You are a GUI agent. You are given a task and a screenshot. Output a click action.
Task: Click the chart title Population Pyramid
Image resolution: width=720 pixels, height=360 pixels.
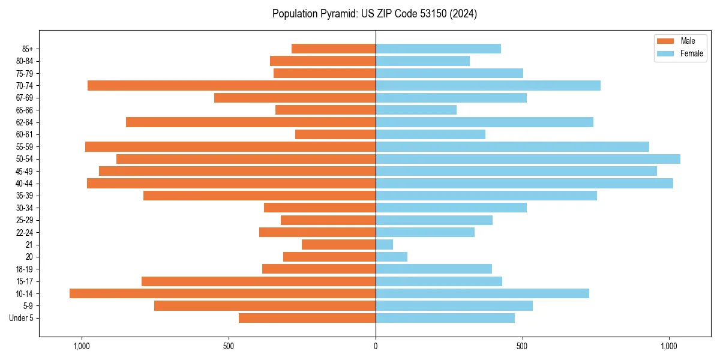click(x=374, y=14)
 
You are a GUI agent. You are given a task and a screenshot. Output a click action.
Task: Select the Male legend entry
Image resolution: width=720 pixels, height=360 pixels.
click(x=688, y=41)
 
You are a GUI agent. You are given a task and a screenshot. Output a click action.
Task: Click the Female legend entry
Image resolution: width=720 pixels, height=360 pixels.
click(x=691, y=53)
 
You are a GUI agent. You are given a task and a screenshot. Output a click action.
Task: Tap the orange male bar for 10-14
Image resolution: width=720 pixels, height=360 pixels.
click(x=223, y=293)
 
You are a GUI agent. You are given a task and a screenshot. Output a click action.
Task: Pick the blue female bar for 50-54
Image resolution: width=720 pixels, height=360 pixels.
click(x=528, y=159)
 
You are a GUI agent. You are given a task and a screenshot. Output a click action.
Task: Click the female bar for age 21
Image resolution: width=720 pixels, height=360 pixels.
click(x=384, y=245)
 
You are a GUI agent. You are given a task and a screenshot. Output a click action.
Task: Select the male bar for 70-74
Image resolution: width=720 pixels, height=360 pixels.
click(x=232, y=86)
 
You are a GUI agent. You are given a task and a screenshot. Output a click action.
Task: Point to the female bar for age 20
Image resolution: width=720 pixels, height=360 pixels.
click(x=391, y=257)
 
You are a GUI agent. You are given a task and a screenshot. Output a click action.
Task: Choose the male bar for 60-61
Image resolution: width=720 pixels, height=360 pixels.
click(x=335, y=134)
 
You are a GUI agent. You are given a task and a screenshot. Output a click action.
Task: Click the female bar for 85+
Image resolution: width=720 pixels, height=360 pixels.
click(x=438, y=49)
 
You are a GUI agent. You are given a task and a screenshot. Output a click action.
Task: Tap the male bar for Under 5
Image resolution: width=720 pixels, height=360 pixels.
click(x=307, y=318)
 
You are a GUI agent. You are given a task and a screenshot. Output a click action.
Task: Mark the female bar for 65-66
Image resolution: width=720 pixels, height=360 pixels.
click(x=416, y=110)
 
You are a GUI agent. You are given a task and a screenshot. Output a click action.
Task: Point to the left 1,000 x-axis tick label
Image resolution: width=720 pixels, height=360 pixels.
click(x=81, y=346)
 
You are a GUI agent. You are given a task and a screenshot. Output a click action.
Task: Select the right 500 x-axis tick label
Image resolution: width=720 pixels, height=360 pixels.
click(x=523, y=346)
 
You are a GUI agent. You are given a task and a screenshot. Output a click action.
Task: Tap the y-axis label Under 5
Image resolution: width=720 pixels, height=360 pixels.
click(x=21, y=318)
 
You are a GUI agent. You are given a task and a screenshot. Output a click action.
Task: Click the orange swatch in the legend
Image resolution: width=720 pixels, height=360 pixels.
click(x=666, y=41)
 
